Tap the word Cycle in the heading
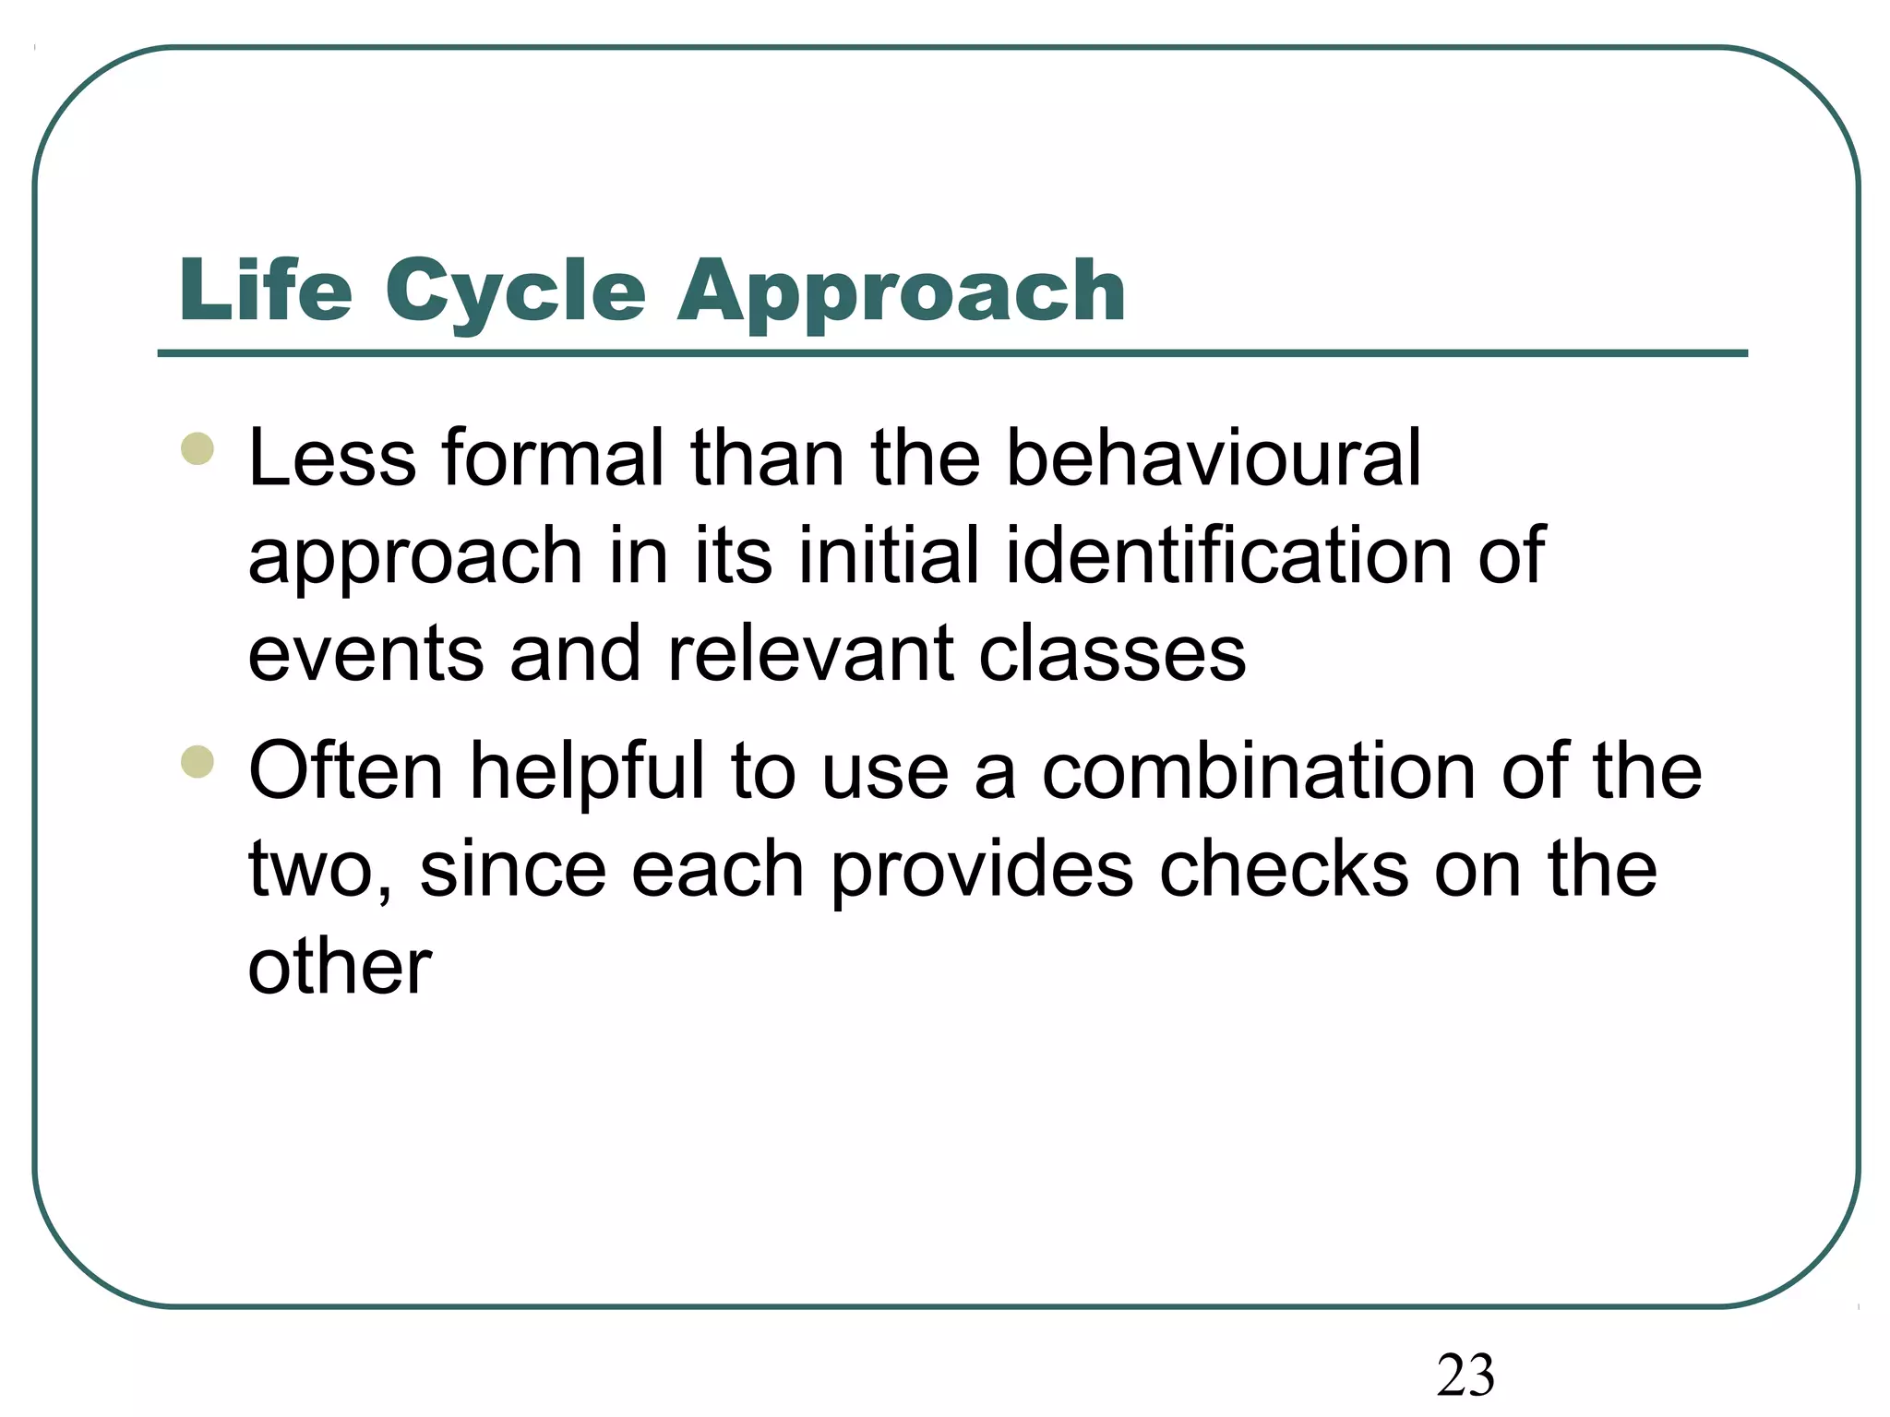[x=515, y=292]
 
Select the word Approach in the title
[x=901, y=292]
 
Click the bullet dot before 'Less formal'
[x=197, y=449]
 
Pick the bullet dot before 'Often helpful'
[x=197, y=762]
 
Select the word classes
[x=1112, y=653]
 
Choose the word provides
[x=982, y=871]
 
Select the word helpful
[x=588, y=772]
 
